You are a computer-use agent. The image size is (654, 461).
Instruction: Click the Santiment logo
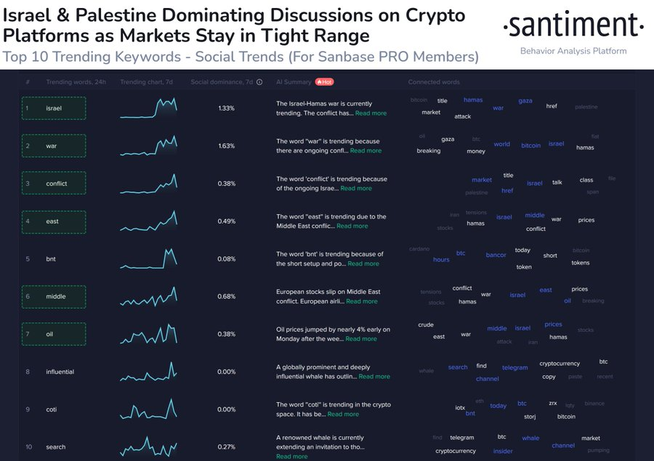coord(573,28)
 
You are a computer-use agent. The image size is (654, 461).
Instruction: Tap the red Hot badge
coord(324,82)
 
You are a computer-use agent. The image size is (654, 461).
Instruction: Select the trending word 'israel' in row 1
coord(54,108)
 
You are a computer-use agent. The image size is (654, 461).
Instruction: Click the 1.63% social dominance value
coord(226,146)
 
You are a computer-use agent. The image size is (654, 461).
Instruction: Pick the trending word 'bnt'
coord(51,258)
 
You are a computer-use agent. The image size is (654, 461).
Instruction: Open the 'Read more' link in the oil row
coord(361,339)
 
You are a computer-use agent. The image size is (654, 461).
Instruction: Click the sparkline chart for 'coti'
coord(148,409)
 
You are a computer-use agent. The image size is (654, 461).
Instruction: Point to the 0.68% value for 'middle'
coord(226,296)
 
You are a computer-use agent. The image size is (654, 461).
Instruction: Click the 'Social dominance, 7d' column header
coord(222,82)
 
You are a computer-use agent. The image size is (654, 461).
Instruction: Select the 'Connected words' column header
coord(434,82)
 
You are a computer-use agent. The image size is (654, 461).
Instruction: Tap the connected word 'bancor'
coord(496,255)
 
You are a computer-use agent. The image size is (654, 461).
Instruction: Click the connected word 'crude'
coord(426,325)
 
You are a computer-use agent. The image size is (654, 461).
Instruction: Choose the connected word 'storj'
coord(530,417)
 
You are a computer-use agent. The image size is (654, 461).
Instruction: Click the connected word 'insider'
coord(503,451)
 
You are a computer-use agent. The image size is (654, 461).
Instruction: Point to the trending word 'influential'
coord(60,372)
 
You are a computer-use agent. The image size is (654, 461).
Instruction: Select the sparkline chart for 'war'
coord(148,146)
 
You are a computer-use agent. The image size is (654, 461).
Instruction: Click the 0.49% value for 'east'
coord(226,221)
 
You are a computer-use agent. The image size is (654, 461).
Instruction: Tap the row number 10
coord(28,447)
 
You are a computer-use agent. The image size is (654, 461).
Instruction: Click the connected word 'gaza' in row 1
coord(525,101)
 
